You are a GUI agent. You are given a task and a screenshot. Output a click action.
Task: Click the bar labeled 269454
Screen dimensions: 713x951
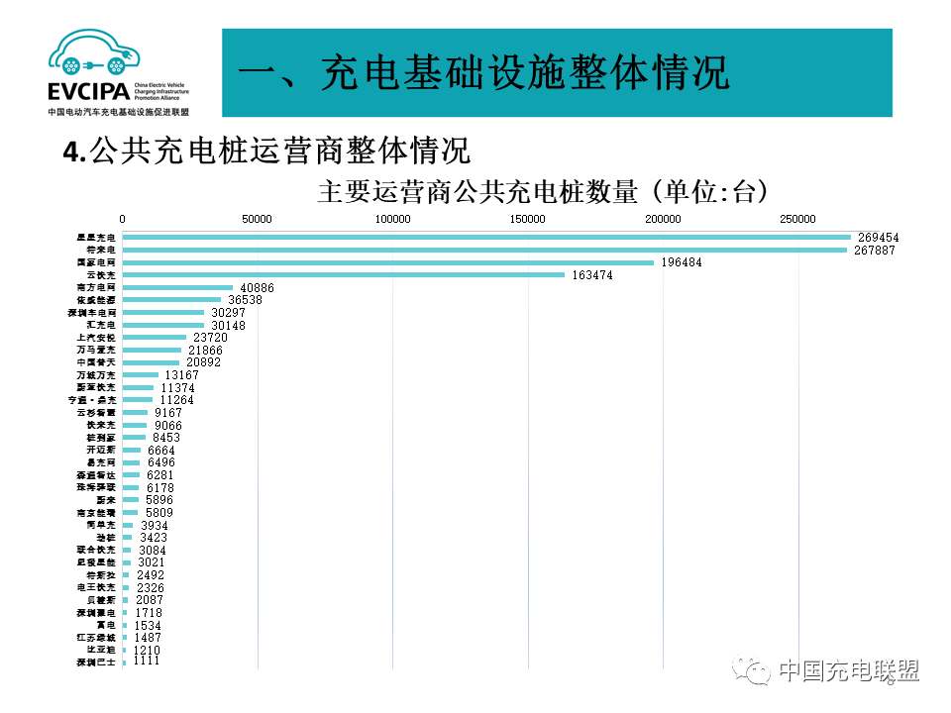[485, 238]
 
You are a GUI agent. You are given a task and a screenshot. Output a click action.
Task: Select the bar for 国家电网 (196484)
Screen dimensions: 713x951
[388, 262]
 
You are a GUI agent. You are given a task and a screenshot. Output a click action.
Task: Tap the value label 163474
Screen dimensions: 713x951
[592, 275]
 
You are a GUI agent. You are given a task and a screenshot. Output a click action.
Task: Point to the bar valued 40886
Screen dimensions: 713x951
[178, 287]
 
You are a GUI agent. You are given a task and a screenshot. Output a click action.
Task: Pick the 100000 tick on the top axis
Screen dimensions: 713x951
[392, 219]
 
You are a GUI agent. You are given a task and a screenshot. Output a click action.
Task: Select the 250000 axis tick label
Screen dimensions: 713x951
[797, 219]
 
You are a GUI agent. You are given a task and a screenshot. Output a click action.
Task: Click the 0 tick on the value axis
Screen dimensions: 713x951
[123, 219]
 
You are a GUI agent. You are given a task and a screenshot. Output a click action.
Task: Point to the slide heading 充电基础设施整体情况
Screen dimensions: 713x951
[485, 73]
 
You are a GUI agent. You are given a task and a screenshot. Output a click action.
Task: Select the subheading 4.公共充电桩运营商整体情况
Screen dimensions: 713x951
[265, 151]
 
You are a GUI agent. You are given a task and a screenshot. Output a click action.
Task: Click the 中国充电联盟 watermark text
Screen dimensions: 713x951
[848, 670]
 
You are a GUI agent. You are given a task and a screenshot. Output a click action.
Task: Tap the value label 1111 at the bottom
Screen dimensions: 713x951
[146, 661]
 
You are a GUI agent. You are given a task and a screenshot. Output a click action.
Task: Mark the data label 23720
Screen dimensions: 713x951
[210, 338]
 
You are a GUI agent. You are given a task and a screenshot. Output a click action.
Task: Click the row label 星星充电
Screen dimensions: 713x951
[96, 238]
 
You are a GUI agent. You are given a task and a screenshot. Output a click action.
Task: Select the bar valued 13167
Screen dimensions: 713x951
[141, 375]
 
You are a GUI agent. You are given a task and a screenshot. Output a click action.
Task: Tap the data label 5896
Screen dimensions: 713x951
[159, 500]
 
